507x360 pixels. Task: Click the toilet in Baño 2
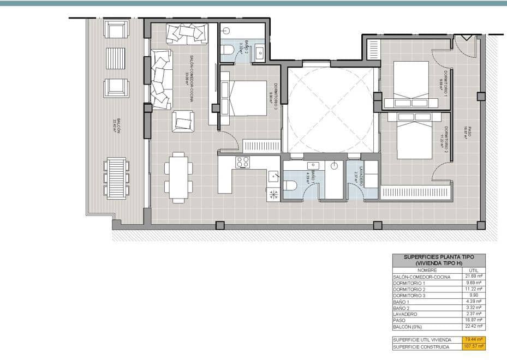(x=228, y=51)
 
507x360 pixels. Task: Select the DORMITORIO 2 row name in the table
(x=409, y=289)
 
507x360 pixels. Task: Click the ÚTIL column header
(x=474, y=270)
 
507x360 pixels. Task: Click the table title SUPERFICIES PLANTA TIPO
(x=439, y=257)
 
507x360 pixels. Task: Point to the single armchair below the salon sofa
(x=183, y=121)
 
